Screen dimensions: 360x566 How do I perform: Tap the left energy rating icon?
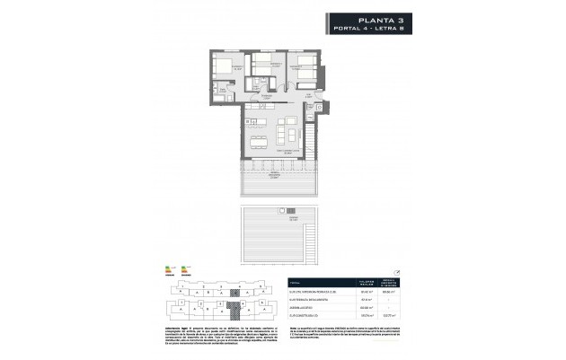(170, 268)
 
